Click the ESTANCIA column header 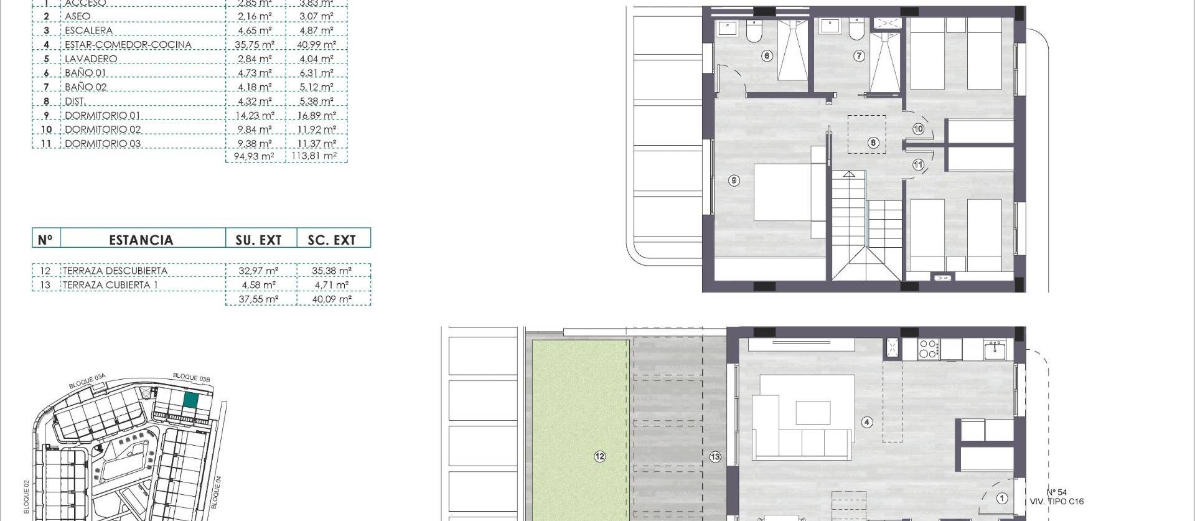pos(141,240)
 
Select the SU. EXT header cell pos(258,240)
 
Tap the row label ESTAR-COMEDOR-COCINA pos(128,45)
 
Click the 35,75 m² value pos(255,45)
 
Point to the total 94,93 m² pos(254,156)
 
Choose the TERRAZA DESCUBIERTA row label pos(115,271)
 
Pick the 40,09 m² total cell pos(332,299)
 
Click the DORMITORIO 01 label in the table pos(102,116)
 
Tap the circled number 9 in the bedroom pos(734,181)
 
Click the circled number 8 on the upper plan pos(873,143)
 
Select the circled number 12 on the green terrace pos(599,456)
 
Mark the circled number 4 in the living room pos(867,422)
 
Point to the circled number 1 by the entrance pos(1002,498)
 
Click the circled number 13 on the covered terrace pos(715,457)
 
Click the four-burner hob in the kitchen pos(929,348)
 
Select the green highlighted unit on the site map pos(191,401)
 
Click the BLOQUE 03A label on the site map pos(87,382)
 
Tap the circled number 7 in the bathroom pos(859,56)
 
